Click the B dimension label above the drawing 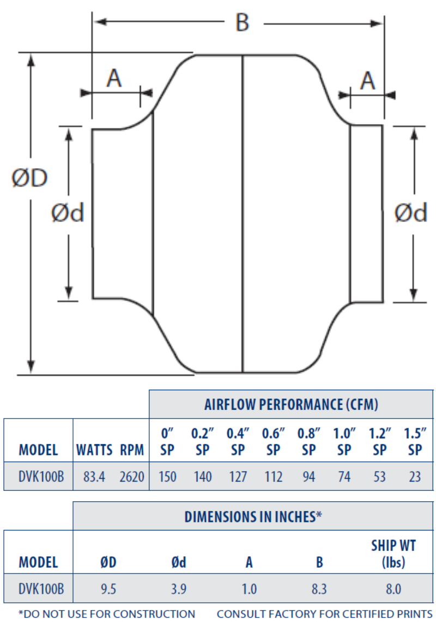pos(242,22)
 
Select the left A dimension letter pos(113,79)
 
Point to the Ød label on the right pos(411,213)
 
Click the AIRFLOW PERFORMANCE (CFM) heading pos(291,405)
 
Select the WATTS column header pos(94,450)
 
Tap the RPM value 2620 pos(132,477)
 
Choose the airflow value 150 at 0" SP pos(167,477)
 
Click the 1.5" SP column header pos(415,441)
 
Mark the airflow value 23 pos(415,477)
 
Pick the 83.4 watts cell pos(94,477)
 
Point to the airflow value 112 pos(274,477)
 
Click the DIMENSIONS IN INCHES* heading pos(253,516)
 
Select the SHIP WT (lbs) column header pos(393,553)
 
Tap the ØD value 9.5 pos(108,589)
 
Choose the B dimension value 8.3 pos(319,589)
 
